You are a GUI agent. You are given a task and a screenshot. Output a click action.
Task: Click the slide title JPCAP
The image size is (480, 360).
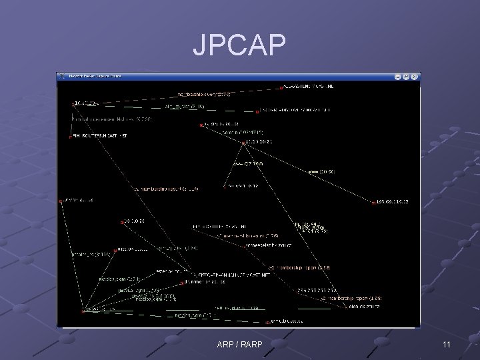[x=239, y=45]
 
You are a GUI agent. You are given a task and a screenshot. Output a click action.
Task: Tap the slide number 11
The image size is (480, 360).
[x=447, y=344]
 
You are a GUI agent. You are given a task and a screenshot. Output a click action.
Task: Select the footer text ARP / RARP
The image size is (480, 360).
[x=239, y=344]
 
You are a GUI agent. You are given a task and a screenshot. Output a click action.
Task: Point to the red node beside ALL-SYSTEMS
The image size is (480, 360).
[x=282, y=87]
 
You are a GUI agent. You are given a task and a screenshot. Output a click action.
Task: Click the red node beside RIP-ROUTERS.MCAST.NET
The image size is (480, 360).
[x=70, y=136]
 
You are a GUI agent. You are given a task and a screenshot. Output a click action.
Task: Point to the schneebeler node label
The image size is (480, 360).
[x=267, y=245]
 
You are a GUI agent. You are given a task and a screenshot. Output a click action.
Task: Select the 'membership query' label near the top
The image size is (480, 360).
[x=204, y=95]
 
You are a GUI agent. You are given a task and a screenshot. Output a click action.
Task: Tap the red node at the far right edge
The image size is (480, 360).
[x=374, y=202]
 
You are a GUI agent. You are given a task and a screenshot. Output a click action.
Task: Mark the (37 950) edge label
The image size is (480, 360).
[x=248, y=163]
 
